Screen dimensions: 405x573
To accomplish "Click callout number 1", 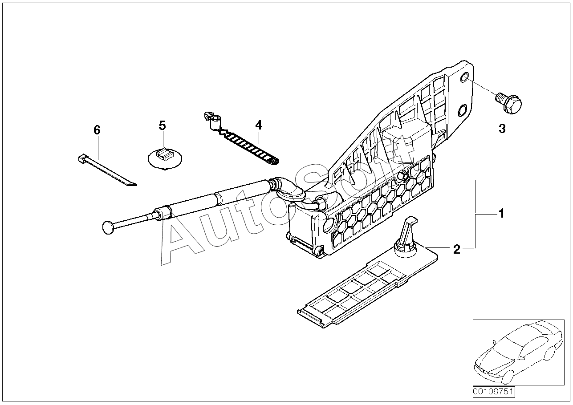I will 501,214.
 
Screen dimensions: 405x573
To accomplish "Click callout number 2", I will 456,249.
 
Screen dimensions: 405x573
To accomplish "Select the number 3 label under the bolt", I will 502,129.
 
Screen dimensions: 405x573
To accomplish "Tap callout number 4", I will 259,125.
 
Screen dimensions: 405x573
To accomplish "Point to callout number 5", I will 162,125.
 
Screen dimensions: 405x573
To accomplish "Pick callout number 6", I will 97,130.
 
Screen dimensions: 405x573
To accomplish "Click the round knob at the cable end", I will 109,227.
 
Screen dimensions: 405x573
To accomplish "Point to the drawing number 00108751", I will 493,392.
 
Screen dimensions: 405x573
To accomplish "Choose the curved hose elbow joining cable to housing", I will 292,191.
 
